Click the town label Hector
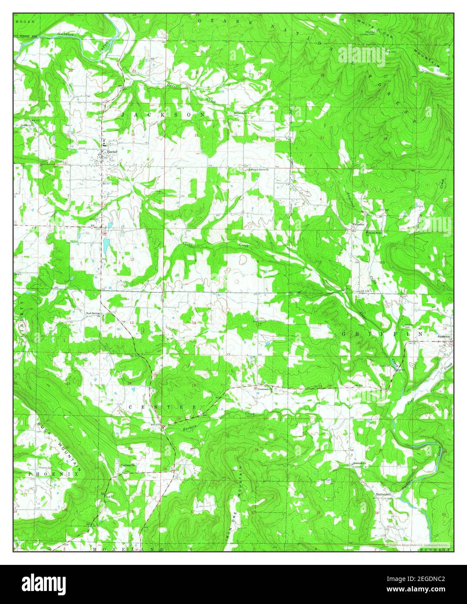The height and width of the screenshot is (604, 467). pos(113,152)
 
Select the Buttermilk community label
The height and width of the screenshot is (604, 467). pos(384,494)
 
